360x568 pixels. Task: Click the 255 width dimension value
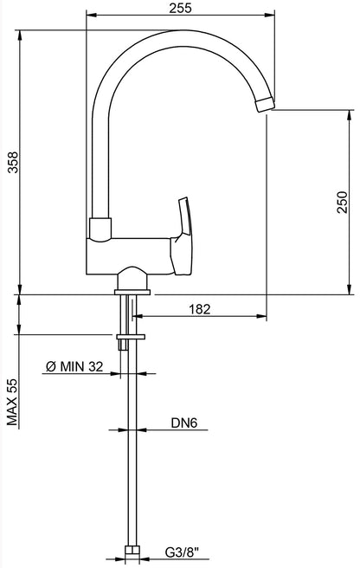pyautogui.click(x=180, y=8)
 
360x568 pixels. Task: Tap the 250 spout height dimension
pyautogui.click(x=344, y=201)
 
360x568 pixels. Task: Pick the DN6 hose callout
pyautogui.click(x=183, y=423)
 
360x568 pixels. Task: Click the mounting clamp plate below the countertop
pyautogui.click(x=130, y=335)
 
